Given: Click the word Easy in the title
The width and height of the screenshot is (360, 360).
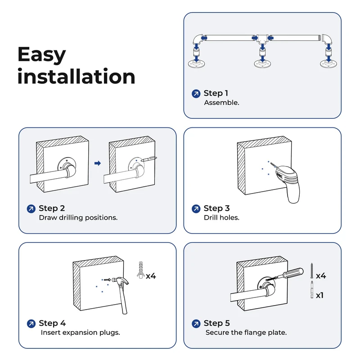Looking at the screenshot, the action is [x=41, y=54].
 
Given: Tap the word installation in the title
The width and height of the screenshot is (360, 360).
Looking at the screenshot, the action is [x=76, y=76].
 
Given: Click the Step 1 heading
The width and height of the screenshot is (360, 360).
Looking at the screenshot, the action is [x=216, y=93].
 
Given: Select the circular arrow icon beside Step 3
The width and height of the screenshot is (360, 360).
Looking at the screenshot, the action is [x=196, y=209].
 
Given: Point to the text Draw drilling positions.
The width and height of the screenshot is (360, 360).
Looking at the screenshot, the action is [x=78, y=217].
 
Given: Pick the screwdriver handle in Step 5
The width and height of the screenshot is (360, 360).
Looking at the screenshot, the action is [x=293, y=273].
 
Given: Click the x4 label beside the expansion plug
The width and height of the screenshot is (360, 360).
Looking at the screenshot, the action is [x=151, y=276].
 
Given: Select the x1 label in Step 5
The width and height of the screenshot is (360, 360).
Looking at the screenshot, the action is [x=319, y=295].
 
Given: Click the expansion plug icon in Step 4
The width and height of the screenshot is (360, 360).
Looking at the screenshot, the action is [x=140, y=270].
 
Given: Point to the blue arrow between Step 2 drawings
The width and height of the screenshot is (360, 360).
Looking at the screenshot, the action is [x=98, y=163].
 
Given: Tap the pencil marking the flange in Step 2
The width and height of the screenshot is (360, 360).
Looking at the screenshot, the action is [x=149, y=159].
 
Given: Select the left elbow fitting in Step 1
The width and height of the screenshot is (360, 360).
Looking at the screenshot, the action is [x=198, y=39].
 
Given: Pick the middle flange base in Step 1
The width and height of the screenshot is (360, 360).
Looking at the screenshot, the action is [x=262, y=63].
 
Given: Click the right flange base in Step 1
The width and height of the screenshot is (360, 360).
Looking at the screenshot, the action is [x=329, y=63].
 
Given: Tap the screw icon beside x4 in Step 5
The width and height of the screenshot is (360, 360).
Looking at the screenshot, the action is [x=312, y=271].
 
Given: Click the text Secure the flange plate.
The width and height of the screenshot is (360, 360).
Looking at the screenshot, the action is [x=246, y=333].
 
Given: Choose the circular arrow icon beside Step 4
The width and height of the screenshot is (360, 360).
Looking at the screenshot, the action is [x=31, y=324].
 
